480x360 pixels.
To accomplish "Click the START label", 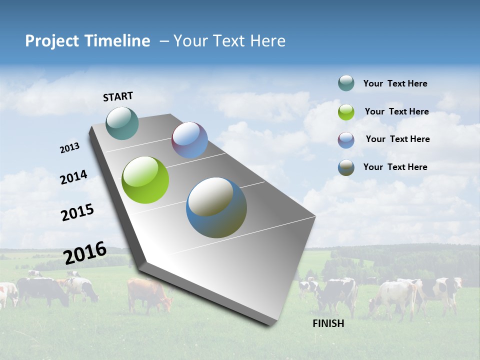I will (118, 96).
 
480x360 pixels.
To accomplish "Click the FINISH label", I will (328, 323).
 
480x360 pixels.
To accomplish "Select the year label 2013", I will (69, 148).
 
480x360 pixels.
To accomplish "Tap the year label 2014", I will (73, 177).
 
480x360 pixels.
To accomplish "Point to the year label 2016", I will (85, 253).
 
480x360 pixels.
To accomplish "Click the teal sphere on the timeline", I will (122, 123).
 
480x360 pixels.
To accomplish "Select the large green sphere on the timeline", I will (145, 180).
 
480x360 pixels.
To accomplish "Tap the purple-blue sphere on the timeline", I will (189, 140).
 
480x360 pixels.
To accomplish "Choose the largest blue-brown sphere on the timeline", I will (216, 207).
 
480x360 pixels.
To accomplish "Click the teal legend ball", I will (346, 83).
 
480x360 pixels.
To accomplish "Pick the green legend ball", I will (346, 112).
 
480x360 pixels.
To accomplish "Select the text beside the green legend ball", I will (396, 111).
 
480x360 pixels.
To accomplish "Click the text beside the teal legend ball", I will (395, 83).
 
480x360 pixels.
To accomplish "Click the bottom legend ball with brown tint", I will (346, 168).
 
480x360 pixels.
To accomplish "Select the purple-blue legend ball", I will (346, 140).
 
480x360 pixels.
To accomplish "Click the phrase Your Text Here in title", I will (229, 41).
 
